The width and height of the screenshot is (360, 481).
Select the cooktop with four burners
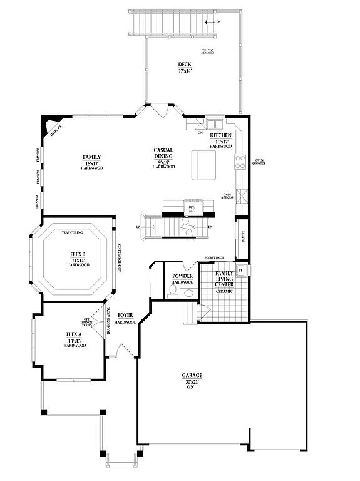point(239,162)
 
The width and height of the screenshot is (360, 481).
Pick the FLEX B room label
point(78,254)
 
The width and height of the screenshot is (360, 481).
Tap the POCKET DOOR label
point(214,258)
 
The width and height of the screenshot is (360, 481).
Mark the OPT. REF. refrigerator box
point(192,207)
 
